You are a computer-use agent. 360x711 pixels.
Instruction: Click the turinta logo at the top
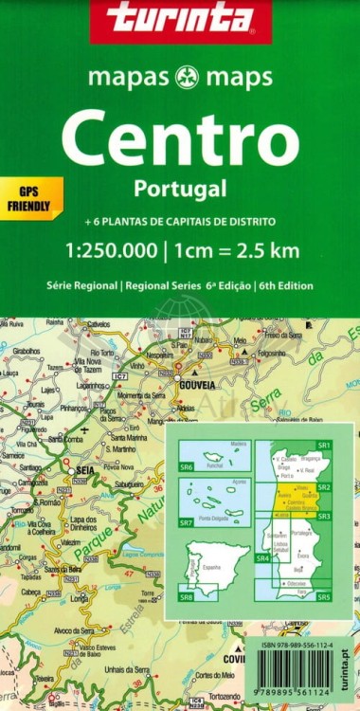coord(180,19)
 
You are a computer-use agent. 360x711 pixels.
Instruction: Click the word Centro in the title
coord(180,137)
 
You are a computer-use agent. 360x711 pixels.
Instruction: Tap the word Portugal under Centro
coord(180,188)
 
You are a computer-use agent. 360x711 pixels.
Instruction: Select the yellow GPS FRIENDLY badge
coord(29,193)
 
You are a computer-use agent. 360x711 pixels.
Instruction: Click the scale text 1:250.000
coord(104,251)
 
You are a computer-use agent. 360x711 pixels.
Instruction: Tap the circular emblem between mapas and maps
coord(179,78)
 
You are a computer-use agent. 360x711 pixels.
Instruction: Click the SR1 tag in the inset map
coord(324,445)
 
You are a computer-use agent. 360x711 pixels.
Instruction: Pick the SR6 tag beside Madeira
coord(186,467)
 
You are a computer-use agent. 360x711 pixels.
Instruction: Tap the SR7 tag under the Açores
coord(186,523)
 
